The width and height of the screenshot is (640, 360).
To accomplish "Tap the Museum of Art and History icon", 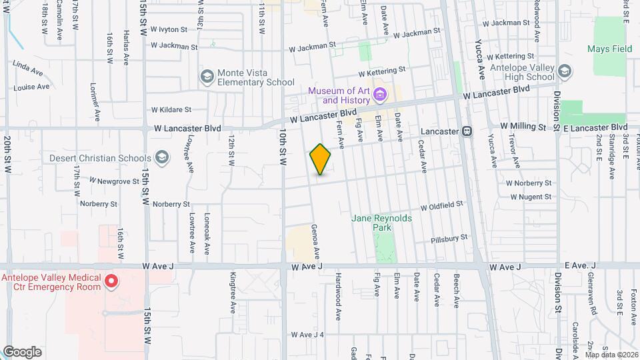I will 380,94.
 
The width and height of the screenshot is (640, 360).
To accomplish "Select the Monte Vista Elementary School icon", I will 207,76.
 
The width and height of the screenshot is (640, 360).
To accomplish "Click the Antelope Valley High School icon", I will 565,71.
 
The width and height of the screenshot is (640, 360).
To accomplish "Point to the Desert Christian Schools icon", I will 161,158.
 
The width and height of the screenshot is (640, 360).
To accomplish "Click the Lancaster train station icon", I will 467,131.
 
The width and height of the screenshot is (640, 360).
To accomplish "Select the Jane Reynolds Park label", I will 382,223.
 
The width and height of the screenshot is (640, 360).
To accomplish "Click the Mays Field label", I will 609,49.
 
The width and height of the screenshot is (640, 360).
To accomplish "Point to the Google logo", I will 22,351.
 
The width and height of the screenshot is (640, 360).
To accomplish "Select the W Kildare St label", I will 171,109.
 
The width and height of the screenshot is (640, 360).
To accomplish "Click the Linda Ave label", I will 28,67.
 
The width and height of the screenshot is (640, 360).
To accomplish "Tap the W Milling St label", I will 523,125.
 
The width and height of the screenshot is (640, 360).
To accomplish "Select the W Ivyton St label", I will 171,29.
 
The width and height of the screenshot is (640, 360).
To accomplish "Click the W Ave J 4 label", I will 307,335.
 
